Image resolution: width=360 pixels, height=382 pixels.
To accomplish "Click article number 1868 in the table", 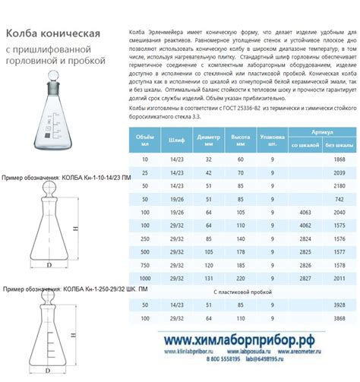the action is pyautogui.click(x=339, y=159).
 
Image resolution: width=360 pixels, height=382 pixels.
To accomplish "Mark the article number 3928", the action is pyautogui.click(x=339, y=304).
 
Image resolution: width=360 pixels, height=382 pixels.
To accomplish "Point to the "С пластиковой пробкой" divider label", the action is pyautogui.click(x=238, y=291).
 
